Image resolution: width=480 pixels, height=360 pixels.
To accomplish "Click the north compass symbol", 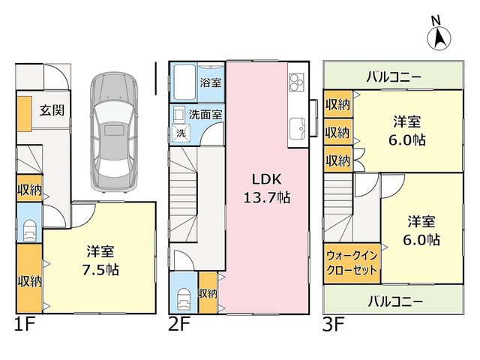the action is pos(439,35).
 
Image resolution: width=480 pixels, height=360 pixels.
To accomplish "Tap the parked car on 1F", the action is pos(114,132).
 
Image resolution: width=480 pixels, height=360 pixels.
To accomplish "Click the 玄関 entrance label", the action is pos(52,110).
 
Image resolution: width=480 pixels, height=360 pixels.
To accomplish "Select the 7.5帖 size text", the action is pos(100,269).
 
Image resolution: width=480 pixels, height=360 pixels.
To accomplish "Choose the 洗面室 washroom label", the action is pos(205,115).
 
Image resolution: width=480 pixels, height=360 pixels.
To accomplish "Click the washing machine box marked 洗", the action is pos(181,133).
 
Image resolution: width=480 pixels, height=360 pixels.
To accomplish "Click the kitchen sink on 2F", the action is pos(297,128).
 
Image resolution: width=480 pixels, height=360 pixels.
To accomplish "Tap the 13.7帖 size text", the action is pos(267,197).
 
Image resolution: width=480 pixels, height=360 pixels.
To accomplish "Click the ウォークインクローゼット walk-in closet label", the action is pos(352,263).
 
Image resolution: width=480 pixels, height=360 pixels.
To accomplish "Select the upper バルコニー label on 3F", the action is pos(394,76).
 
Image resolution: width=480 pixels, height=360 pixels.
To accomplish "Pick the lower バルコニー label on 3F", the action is pos(395,301).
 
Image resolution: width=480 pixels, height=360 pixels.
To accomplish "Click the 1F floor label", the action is pos(25,325).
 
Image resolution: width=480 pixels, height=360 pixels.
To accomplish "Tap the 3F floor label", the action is pos(333,325).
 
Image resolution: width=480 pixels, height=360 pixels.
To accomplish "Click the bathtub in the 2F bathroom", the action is pos(184,82).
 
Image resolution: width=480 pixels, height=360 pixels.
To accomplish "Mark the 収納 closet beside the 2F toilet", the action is pos(208,293).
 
